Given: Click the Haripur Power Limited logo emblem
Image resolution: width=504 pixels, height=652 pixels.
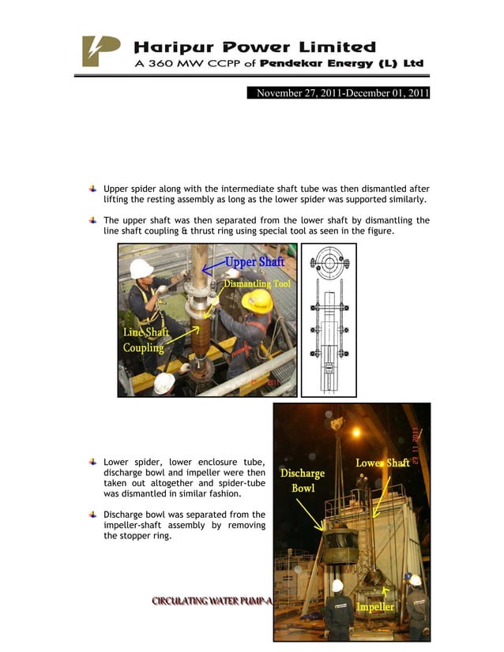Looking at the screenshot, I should point(101,51).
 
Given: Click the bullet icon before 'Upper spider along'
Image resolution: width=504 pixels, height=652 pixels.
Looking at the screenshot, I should point(93,189).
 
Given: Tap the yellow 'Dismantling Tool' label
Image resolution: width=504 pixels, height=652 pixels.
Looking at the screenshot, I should point(258,283).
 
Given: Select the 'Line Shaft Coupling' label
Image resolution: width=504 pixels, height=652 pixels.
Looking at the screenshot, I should point(145,340).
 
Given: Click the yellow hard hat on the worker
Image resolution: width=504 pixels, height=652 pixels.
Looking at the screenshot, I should point(257,301).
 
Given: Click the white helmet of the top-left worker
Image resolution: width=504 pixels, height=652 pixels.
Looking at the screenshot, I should point(141,268).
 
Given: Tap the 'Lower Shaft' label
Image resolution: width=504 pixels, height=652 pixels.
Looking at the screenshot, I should point(382,463).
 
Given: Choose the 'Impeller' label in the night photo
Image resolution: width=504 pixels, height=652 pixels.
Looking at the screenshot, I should point(376,606).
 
